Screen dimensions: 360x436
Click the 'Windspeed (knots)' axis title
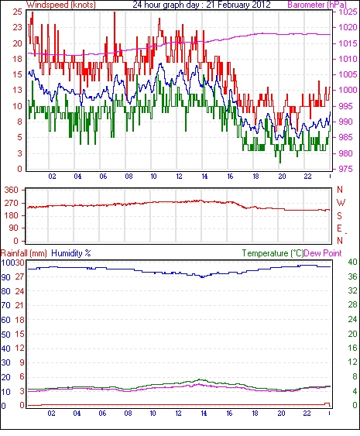click(61, 5)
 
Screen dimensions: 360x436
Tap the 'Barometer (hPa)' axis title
click(317, 5)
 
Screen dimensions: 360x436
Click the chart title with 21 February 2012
click(201, 5)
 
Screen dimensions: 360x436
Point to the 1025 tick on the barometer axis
click(348, 12)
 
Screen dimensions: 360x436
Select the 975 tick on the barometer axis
click(348, 169)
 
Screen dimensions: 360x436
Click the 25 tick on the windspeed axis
click(17, 12)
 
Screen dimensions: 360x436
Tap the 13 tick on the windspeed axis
click(17, 90)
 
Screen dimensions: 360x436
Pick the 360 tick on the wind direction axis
click(12, 191)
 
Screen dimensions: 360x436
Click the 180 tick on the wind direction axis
click(12, 215)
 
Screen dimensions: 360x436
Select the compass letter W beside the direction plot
click(341, 203)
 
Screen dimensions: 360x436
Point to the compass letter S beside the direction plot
click(339, 215)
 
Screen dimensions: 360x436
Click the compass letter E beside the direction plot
click(339, 228)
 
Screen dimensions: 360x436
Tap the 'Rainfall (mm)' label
click(24, 253)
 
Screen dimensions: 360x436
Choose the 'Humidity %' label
click(71, 253)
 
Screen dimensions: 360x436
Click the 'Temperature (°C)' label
click(273, 253)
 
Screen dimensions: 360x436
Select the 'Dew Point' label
click(323, 253)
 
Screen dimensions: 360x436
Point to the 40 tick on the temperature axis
click(352, 262)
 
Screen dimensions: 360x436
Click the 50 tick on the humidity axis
click(6, 335)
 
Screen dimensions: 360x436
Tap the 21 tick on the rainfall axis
click(19, 305)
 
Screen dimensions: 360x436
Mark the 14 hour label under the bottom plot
click(204, 414)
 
